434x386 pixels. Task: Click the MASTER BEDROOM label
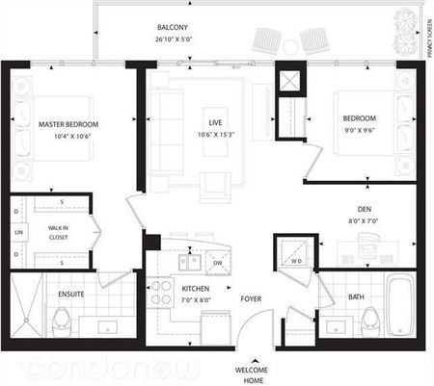pyautogui.click(x=68, y=124)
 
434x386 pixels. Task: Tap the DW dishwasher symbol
pyautogui.click(x=218, y=262)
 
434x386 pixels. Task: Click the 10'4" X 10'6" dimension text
pyautogui.click(x=68, y=137)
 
